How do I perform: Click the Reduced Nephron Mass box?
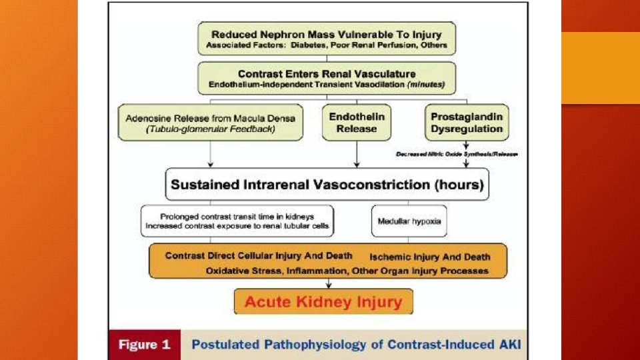[x=327, y=39]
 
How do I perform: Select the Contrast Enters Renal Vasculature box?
[x=327, y=79]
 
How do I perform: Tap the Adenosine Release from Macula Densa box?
[x=211, y=122]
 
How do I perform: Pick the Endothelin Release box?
[x=357, y=122]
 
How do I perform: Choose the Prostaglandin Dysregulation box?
[x=466, y=122]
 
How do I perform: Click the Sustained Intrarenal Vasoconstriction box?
[x=327, y=185]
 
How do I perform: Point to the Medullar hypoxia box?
[x=409, y=221]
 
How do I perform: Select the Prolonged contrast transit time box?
[x=237, y=221]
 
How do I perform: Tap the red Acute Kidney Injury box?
[x=323, y=301]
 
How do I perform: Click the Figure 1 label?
[x=145, y=345]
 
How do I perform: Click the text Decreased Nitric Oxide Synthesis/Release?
[x=457, y=154]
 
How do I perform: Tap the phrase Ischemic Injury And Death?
[x=430, y=257]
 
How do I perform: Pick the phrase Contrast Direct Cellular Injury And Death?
[x=259, y=256]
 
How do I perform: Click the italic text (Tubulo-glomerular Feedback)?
[x=211, y=129]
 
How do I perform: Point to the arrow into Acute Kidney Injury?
[x=327, y=283]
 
